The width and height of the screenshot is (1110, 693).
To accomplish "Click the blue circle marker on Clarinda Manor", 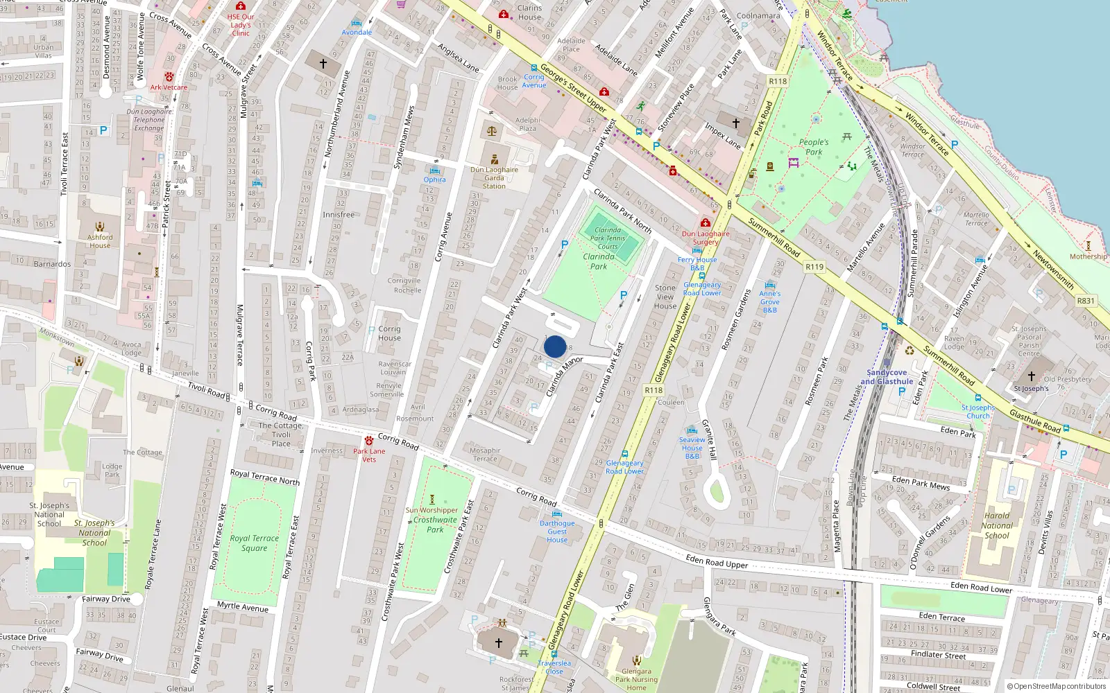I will pos(555,346).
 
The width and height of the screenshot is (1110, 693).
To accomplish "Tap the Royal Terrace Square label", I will pos(254,543).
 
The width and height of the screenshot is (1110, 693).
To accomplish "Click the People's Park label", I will pos(814,147).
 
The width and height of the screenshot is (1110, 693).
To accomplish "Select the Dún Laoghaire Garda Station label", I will pos(494,177).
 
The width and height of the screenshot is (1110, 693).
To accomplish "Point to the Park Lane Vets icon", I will pos(368,441).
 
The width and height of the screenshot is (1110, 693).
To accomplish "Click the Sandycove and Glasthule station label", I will pos(887,377).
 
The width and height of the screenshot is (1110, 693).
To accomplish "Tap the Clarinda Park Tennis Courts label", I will pos(608,238).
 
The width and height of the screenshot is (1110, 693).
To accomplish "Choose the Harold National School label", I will pos(997,525).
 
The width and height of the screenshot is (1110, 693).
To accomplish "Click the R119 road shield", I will pos(814,267).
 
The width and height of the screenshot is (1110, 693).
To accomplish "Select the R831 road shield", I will pos(1086,301).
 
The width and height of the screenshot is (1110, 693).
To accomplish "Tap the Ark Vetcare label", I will pos(169,87).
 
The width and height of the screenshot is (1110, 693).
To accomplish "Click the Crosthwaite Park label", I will pos(435,525).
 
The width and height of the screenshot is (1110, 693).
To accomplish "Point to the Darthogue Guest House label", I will pos(557,532).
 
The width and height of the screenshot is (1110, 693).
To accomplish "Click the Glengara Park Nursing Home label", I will pos(636,679).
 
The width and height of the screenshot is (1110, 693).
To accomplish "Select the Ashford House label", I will pos(100,240).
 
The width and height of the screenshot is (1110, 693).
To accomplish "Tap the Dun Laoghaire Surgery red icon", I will pos(706,223).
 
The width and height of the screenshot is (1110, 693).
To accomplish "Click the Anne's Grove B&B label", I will pos(769,301).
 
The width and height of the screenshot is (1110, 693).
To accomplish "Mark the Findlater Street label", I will pos(938,654).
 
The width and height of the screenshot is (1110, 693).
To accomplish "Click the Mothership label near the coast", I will pos(1088,256).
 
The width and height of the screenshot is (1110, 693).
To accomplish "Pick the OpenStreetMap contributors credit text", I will pos(1057,687).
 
